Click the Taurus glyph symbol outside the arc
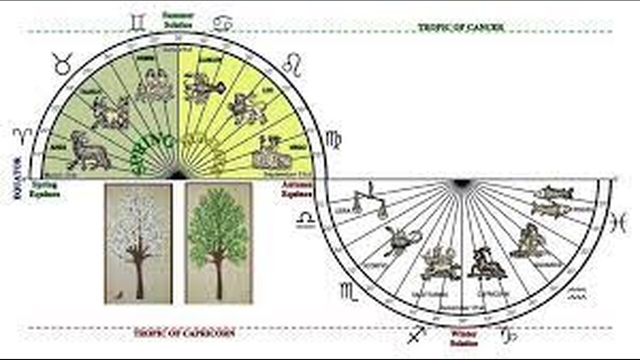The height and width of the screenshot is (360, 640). [63, 63]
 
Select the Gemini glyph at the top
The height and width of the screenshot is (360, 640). [136, 23]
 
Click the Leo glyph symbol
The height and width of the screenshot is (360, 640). [292, 65]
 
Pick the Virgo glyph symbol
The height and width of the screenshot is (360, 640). [333, 140]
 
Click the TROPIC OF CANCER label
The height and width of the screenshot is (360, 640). [461, 28]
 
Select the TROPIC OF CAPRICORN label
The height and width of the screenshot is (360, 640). [184, 332]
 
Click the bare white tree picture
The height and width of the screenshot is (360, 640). [138, 243]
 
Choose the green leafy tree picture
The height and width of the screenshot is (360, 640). [218, 243]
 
